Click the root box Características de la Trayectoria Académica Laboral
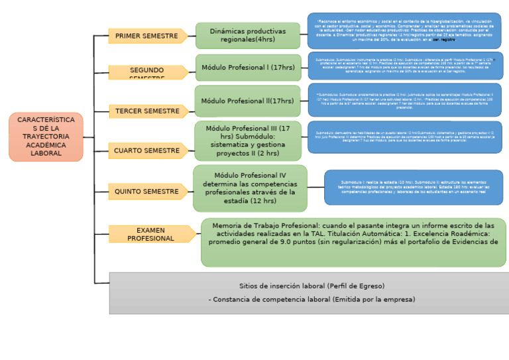tap(46, 137)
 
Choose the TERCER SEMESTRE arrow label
tap(148, 111)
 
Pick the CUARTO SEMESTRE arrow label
tap(148, 150)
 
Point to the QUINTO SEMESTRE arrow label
tap(148, 192)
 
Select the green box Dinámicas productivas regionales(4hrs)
tap(247, 36)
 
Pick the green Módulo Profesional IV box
tap(250, 188)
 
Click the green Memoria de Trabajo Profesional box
tap(353, 242)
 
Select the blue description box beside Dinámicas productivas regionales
tap(404, 30)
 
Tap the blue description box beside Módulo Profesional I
tap(405, 66)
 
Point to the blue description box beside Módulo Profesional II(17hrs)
tap(405, 99)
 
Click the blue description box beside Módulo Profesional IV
tap(413, 187)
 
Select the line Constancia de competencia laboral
tap(311, 299)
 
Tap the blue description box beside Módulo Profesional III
tap(405, 137)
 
